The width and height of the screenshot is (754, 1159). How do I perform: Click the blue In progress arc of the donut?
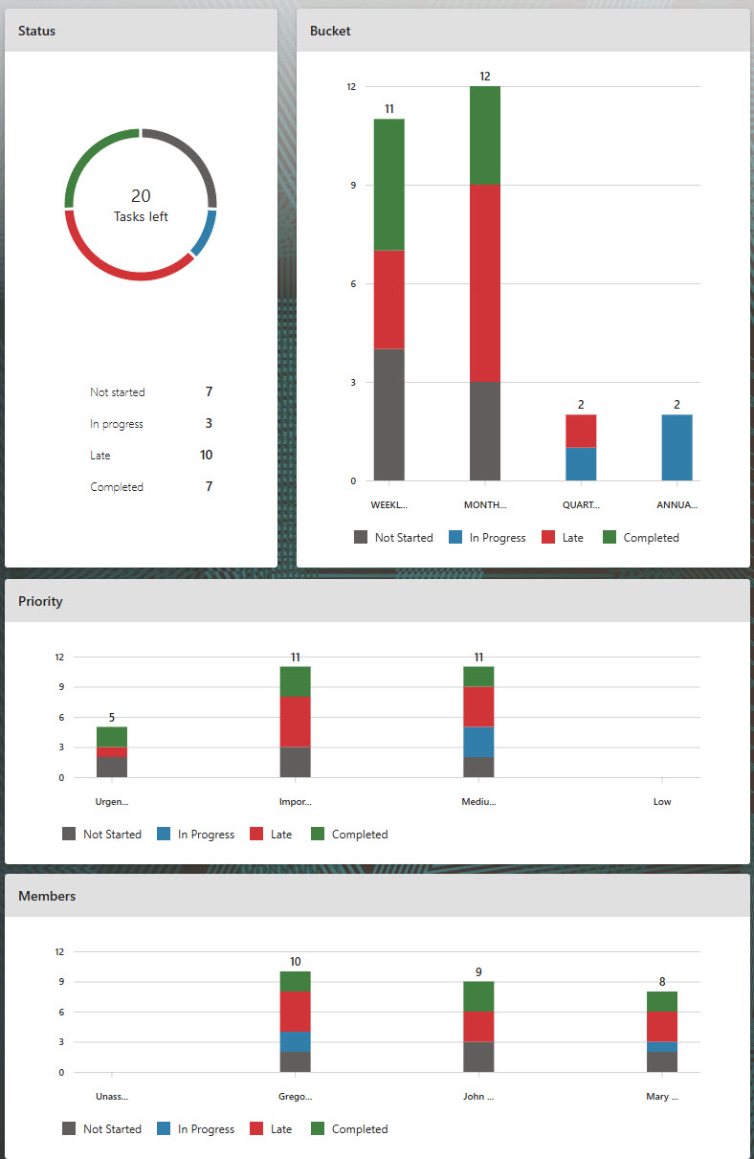(x=206, y=234)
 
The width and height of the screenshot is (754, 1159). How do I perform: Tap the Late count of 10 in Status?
(x=207, y=456)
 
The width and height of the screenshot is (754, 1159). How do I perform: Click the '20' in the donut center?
(x=141, y=196)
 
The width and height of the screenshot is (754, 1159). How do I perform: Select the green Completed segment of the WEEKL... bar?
(x=388, y=184)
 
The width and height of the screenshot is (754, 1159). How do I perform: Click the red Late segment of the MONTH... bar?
(x=484, y=283)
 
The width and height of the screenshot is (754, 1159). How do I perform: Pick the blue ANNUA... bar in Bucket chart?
(x=676, y=447)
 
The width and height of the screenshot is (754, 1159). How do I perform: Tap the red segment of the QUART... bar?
(x=581, y=431)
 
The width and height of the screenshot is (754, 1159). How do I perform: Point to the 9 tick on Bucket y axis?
(x=353, y=186)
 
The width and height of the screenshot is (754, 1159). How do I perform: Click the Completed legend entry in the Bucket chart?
(x=640, y=538)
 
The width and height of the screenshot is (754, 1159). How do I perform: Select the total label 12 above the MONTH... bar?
(x=485, y=77)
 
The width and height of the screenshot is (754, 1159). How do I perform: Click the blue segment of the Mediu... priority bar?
(x=478, y=742)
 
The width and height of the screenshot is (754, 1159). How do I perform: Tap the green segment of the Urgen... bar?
(x=112, y=737)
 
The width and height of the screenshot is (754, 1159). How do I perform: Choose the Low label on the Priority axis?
(x=662, y=802)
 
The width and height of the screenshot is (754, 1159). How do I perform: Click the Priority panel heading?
(x=41, y=602)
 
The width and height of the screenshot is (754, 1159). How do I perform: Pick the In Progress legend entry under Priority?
(x=195, y=835)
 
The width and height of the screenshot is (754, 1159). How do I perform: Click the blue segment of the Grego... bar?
(x=296, y=1041)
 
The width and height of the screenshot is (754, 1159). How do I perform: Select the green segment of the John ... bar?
(x=478, y=996)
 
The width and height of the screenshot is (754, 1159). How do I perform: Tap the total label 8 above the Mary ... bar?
(x=662, y=981)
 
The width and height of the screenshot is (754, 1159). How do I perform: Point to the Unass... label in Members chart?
(x=112, y=1097)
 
